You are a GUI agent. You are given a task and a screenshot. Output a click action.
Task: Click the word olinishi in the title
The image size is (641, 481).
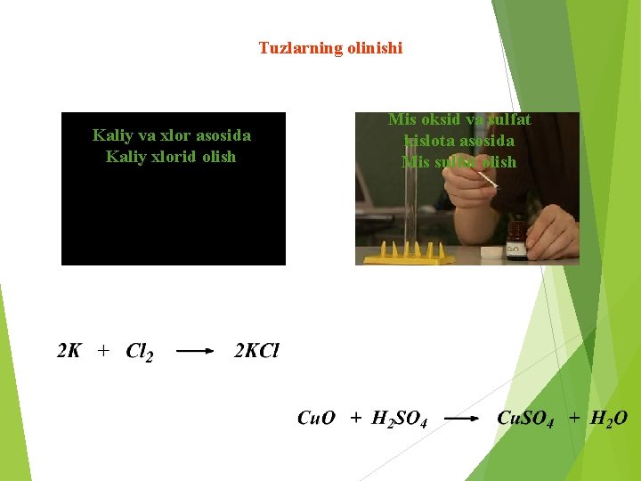tap(374, 48)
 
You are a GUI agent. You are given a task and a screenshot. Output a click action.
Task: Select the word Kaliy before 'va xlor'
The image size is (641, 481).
tap(111, 135)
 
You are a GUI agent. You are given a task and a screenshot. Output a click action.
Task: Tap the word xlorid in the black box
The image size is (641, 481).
tap(176, 157)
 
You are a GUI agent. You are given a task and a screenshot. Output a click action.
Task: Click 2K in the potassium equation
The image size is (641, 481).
tap(69, 351)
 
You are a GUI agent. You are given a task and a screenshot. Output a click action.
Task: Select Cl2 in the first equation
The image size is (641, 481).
tap(139, 353)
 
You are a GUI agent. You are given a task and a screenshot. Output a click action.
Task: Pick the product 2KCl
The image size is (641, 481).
tap(256, 351)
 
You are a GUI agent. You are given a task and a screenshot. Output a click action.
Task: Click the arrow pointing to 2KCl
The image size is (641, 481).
tap(195, 352)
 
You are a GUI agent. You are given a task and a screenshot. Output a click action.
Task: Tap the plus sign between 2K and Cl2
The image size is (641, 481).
tap(103, 352)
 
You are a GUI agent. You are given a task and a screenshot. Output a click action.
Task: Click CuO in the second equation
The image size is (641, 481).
tap(316, 418)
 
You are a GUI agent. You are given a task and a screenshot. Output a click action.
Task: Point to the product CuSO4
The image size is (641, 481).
tap(525, 419)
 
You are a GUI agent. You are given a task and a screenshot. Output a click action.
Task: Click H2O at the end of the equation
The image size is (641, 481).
tap(609, 418)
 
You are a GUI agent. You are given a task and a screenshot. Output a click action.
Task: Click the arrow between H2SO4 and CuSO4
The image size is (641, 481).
tap(462, 418)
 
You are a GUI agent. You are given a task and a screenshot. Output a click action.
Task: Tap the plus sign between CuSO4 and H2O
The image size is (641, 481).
tap(574, 418)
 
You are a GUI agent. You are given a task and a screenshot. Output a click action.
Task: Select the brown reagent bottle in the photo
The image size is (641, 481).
tap(515, 241)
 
